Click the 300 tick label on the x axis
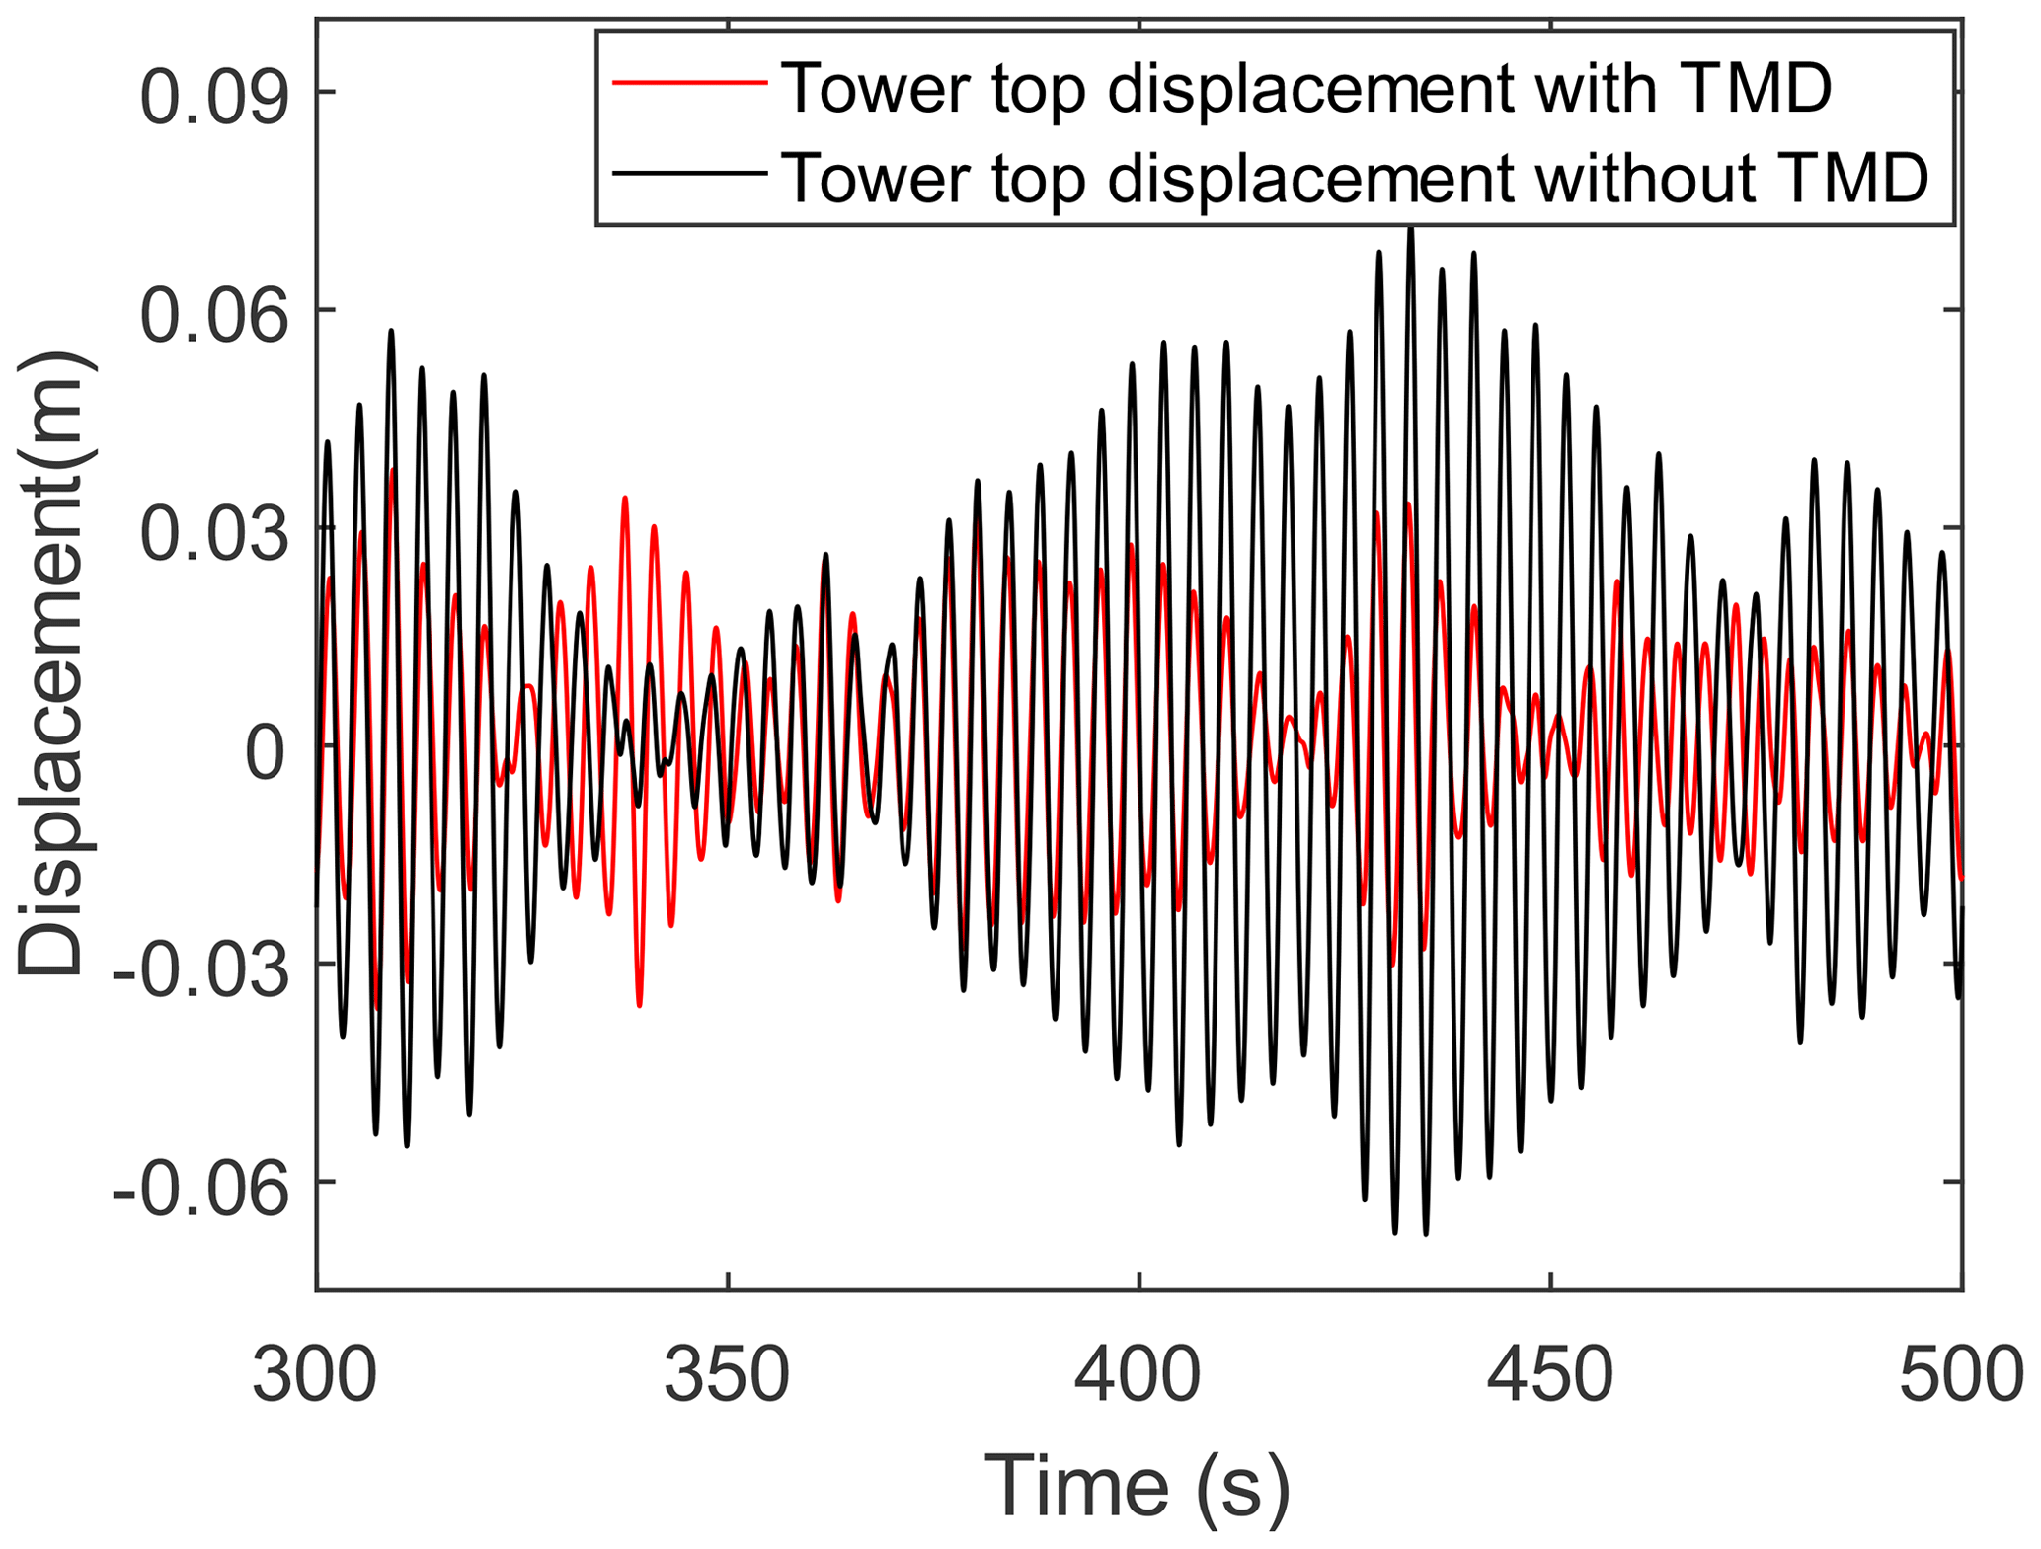click(316, 1374)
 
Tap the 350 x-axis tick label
click(728, 1374)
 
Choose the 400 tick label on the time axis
click(1138, 1374)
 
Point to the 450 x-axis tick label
click(1550, 1374)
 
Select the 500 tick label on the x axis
click(1960, 1374)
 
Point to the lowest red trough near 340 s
click(640, 1004)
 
